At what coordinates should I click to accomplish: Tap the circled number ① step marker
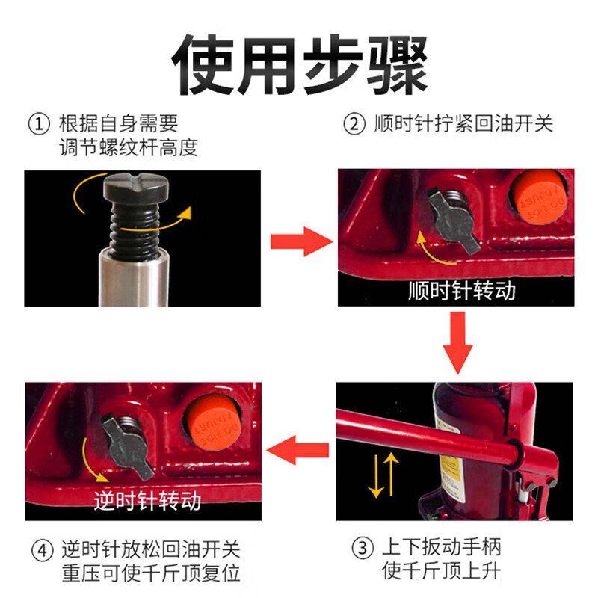click(37, 123)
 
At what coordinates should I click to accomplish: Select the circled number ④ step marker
click(41, 552)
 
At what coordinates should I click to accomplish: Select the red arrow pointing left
click(298, 450)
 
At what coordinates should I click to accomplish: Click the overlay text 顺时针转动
click(462, 290)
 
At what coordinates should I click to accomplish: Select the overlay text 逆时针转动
click(148, 500)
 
